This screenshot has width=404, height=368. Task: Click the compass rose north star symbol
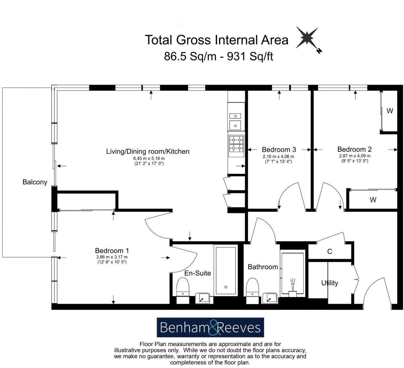[x=307, y=38]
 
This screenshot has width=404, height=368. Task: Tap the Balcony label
[x=35, y=182]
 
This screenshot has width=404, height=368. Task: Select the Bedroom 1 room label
[x=112, y=250]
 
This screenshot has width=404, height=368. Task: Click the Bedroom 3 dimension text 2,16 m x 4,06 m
[x=279, y=156]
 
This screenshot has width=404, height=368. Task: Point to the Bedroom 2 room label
[x=354, y=149]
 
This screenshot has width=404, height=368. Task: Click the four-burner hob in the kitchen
[x=236, y=144]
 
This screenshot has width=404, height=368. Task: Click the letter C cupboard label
[x=329, y=251]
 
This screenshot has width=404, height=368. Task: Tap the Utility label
[x=330, y=283]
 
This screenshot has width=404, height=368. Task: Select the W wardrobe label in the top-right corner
[x=390, y=111]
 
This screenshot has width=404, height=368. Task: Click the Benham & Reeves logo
[x=210, y=327]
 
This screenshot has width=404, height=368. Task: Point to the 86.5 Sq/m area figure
[x=190, y=56]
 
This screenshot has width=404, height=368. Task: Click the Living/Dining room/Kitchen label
[x=148, y=151]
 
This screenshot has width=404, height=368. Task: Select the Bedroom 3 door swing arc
[x=288, y=194]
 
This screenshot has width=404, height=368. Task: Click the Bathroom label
[x=263, y=267]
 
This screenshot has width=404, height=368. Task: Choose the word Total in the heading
[x=158, y=40]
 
